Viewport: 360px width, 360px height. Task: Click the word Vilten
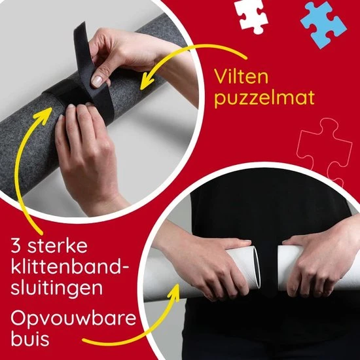[242, 77]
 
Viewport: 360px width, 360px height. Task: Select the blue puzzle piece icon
[323, 20]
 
